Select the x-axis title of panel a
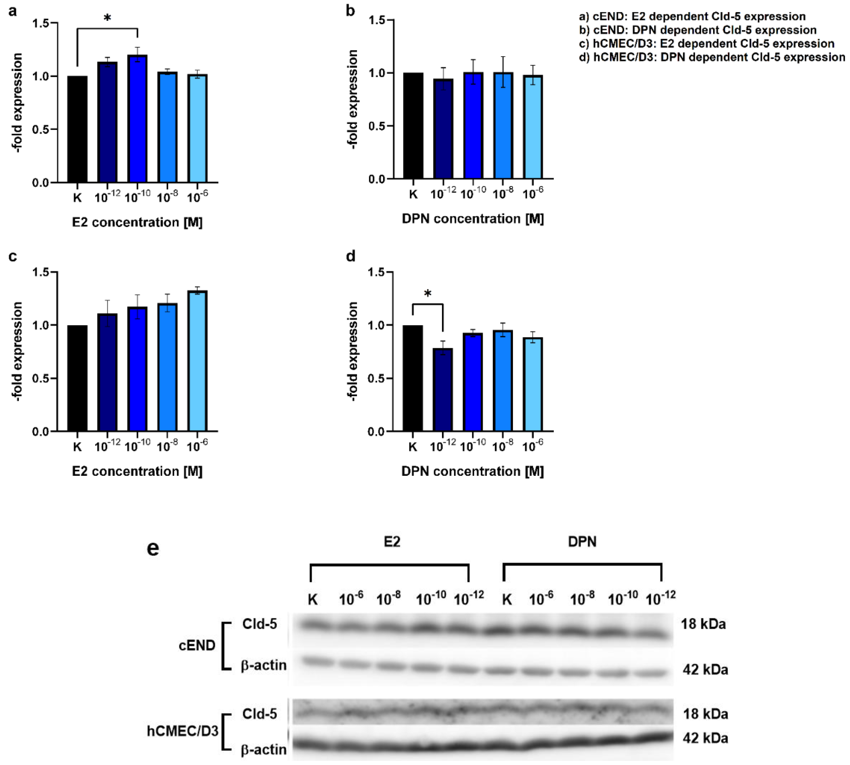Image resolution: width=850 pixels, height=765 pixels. tap(137, 222)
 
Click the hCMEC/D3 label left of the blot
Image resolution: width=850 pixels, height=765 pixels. tap(182, 731)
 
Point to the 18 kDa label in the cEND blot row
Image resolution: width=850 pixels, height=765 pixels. tap(703, 624)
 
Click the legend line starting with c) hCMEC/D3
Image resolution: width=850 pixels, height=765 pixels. tap(706, 44)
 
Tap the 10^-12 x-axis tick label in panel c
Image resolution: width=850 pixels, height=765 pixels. tap(107, 446)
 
